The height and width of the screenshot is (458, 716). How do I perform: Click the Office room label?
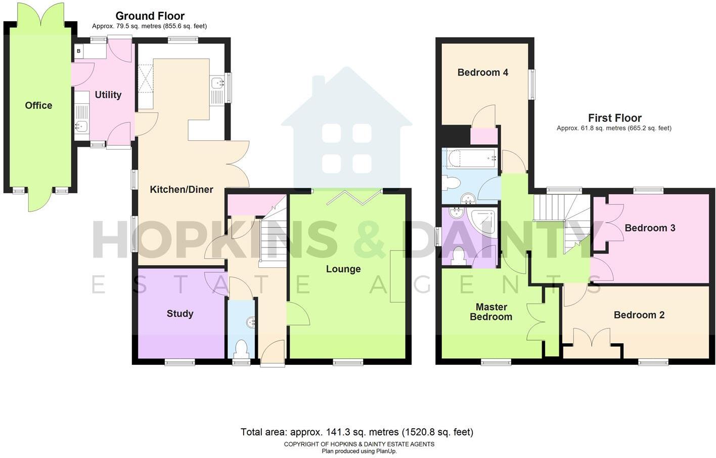(x=38, y=105)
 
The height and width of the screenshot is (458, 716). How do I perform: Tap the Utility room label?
(x=108, y=95)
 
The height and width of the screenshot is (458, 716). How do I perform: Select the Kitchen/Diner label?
(x=181, y=189)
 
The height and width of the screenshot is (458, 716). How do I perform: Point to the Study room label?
(x=180, y=313)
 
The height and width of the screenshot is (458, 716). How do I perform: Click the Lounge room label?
(x=343, y=269)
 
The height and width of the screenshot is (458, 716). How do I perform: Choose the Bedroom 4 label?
(x=482, y=72)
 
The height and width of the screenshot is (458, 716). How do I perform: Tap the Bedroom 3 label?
(x=650, y=228)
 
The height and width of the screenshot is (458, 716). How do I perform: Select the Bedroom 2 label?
(x=639, y=315)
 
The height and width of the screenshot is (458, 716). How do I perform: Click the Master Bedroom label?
(x=491, y=312)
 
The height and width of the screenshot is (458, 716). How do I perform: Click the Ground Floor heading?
(x=150, y=16)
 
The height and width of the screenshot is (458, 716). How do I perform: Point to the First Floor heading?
(x=614, y=118)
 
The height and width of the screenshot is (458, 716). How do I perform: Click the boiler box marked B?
(x=78, y=51)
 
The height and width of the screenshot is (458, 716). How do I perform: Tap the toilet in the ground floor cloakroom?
(x=241, y=349)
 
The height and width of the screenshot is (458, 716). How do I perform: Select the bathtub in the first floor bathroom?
(x=470, y=158)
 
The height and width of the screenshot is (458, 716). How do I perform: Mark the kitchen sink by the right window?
(x=217, y=82)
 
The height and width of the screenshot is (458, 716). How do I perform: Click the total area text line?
(x=356, y=432)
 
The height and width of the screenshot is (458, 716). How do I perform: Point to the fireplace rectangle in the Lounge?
(x=397, y=276)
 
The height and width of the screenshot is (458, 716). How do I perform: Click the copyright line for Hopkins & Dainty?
(x=359, y=444)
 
